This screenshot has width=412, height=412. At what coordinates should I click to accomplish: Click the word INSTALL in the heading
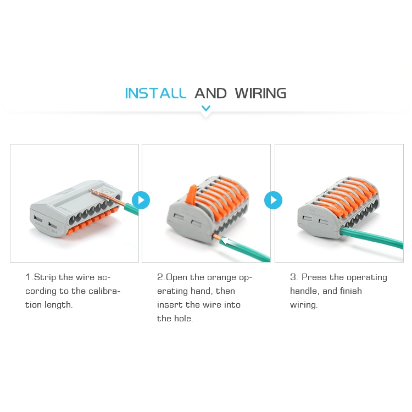pyautogui.click(x=155, y=93)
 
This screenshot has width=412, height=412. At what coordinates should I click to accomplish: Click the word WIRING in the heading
pyautogui.click(x=260, y=93)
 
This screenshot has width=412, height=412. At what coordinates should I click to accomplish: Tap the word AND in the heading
pyautogui.click(x=210, y=93)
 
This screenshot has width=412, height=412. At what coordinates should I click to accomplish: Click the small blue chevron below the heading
pyautogui.click(x=206, y=108)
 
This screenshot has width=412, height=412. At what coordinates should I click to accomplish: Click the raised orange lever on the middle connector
pyautogui.click(x=192, y=194)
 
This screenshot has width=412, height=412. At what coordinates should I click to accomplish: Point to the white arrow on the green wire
pyautogui.click(x=227, y=241)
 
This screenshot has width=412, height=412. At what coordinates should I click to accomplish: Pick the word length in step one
pyautogui.click(x=58, y=305)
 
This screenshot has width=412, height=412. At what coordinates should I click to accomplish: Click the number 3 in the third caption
pyautogui.click(x=294, y=277)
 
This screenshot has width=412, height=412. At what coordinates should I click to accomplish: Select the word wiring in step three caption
pyautogui.click(x=304, y=305)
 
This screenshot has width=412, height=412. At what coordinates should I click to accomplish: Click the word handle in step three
pyautogui.click(x=304, y=291)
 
